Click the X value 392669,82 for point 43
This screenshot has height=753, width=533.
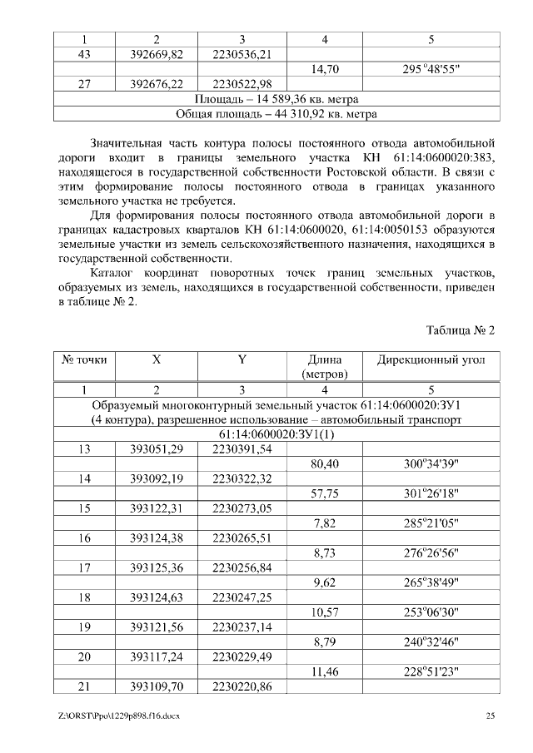click(157, 54)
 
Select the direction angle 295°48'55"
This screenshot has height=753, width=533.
click(431, 69)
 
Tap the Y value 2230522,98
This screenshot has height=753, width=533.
click(242, 84)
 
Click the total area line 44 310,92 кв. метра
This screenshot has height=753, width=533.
click(276, 114)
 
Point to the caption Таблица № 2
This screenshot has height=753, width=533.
click(461, 330)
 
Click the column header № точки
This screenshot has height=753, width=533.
click(84, 360)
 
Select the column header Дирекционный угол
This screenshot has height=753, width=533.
click(431, 360)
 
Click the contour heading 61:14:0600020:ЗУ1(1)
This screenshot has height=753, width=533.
click(276, 434)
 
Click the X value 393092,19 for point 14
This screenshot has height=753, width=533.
click(157, 479)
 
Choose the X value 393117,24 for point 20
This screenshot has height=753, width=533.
click(157, 656)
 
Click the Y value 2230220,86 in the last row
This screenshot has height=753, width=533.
click(242, 686)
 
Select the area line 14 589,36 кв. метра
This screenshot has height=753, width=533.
click(276, 99)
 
